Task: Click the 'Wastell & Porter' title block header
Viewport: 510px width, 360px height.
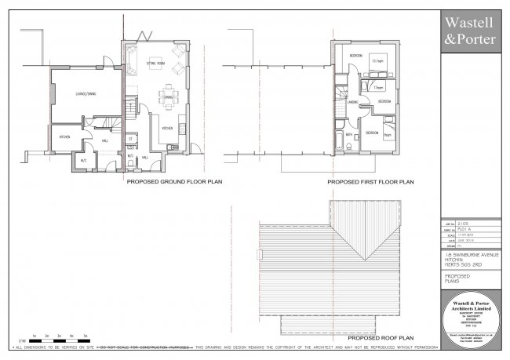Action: click(x=471, y=30)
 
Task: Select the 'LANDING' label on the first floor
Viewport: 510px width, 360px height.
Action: click(x=353, y=102)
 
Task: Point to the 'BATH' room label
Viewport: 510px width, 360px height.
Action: click(x=350, y=134)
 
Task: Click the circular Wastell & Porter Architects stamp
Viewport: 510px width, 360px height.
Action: click(x=471, y=320)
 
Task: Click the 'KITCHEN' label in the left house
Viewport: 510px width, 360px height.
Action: click(x=65, y=136)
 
